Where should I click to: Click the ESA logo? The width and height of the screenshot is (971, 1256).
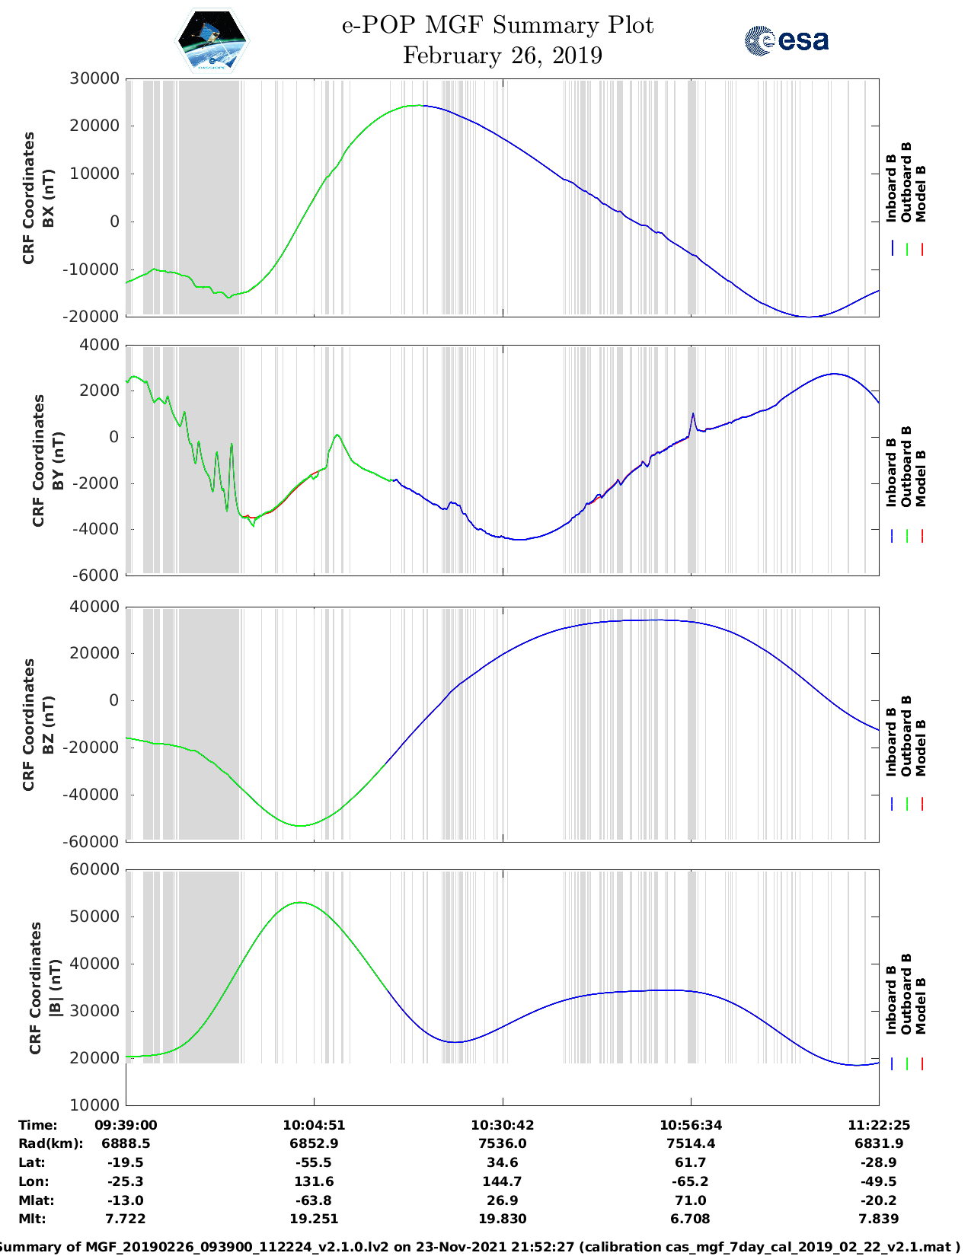[786, 40]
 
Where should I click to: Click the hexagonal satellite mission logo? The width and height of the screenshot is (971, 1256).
[212, 40]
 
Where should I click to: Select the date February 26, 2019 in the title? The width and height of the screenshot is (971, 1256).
[502, 56]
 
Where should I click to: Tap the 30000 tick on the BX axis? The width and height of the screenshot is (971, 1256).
[94, 78]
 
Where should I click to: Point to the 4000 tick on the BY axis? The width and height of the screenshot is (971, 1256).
[99, 345]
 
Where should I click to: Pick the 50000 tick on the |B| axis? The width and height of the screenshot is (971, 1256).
[94, 916]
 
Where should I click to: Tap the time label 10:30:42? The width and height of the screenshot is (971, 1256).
[502, 1125]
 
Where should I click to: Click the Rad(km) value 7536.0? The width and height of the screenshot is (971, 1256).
[502, 1143]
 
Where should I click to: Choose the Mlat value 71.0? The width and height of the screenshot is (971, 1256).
[691, 1200]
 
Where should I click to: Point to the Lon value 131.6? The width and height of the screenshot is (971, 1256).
[314, 1181]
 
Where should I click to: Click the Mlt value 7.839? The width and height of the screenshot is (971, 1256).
[879, 1219]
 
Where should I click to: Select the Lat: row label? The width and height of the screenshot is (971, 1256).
[32, 1162]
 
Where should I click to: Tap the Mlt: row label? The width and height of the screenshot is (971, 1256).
[32, 1219]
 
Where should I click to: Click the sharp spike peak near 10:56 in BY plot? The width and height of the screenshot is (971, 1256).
[693, 413]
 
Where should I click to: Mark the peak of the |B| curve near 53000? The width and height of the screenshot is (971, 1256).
[300, 902]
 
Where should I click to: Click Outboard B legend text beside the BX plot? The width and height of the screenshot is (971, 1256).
[906, 183]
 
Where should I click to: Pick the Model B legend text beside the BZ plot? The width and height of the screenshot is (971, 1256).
[921, 748]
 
